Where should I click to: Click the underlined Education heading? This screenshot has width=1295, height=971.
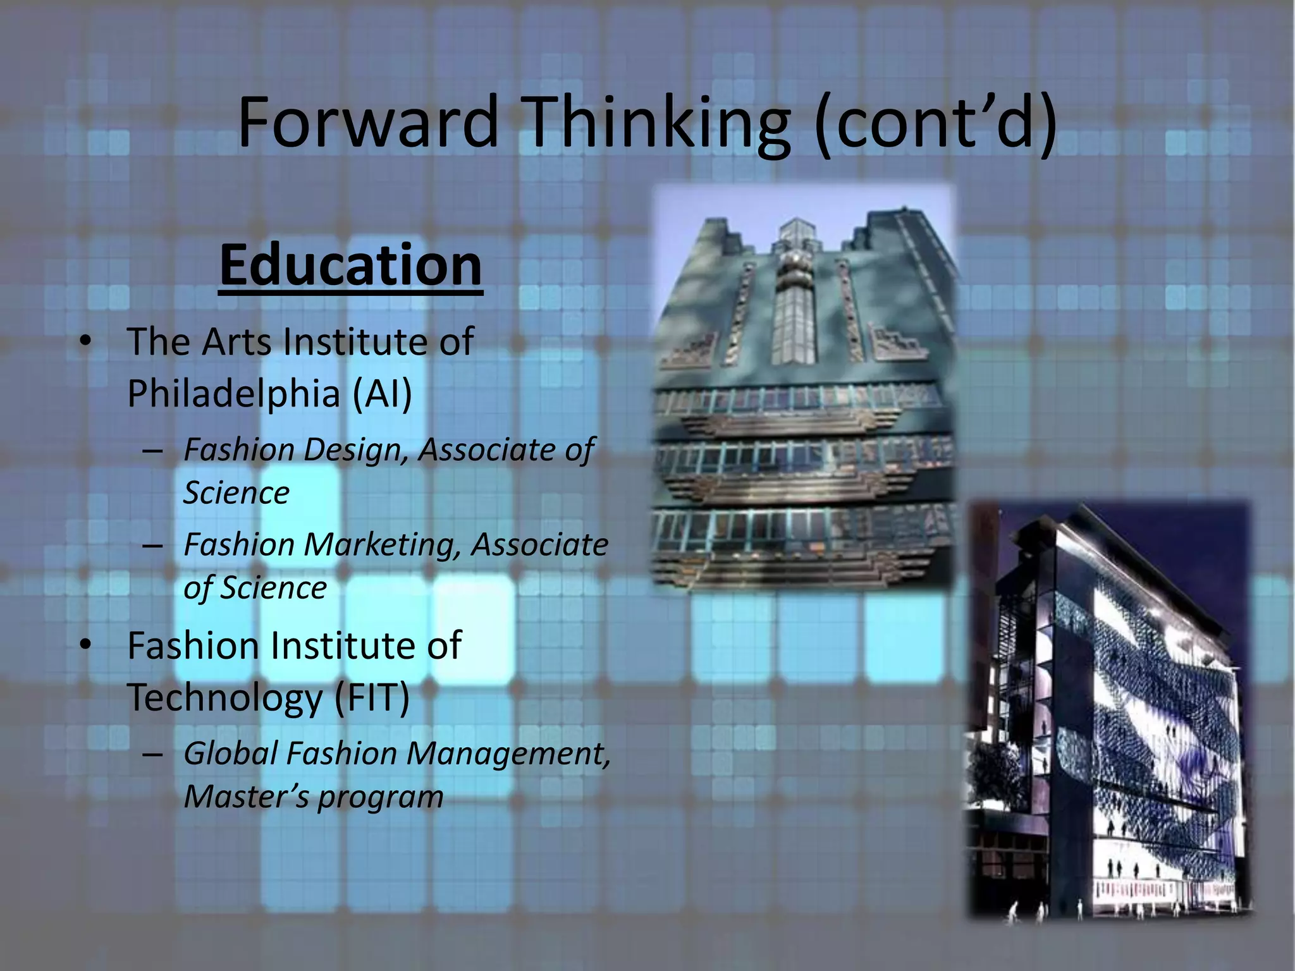click(x=350, y=266)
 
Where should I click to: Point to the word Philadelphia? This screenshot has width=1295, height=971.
click(x=234, y=393)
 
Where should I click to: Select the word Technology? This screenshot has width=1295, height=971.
click(x=225, y=698)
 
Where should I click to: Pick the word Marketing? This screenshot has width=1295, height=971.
click(x=382, y=545)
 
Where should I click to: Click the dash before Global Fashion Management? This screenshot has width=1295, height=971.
click(x=153, y=754)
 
